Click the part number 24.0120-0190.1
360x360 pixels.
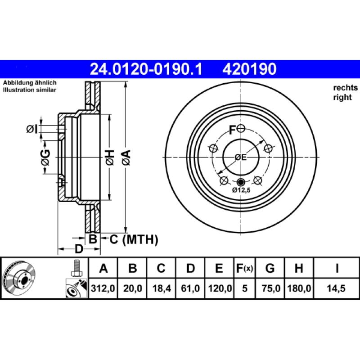[x=146, y=69]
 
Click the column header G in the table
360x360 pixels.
[x=270, y=269]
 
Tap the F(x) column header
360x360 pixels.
[x=245, y=269]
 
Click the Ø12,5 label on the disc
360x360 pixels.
[x=241, y=190]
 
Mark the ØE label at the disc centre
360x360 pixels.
[x=241, y=157]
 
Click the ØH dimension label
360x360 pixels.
[x=109, y=157]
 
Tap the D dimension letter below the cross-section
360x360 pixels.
[x=78, y=249]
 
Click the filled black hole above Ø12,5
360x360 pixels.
[x=241, y=182]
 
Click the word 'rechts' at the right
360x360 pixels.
[x=345, y=88]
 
